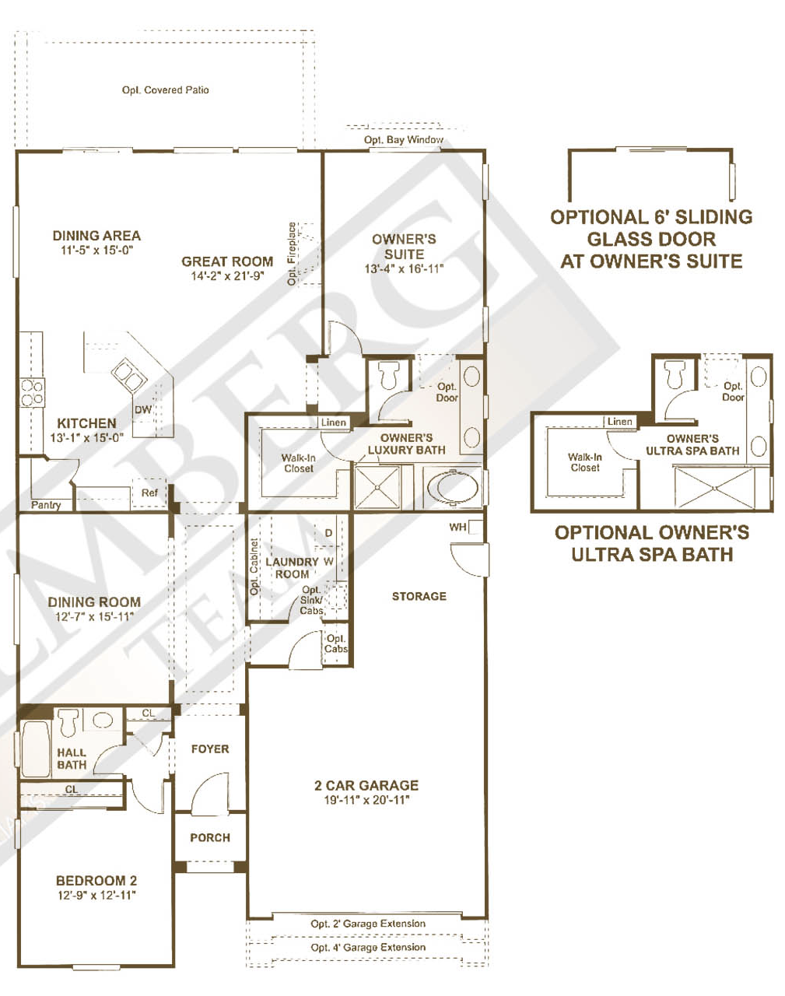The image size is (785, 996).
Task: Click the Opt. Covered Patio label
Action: click(165, 90)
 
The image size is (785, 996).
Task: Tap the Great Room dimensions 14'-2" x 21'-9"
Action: click(227, 276)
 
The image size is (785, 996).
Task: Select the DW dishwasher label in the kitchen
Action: click(143, 410)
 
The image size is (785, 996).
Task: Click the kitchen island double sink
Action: click(129, 376)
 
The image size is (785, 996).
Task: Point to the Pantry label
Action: click(46, 505)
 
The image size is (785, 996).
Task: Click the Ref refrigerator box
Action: click(149, 493)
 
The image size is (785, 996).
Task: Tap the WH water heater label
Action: click(458, 528)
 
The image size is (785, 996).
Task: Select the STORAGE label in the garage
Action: click(419, 596)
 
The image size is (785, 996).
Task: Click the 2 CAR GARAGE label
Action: click(366, 786)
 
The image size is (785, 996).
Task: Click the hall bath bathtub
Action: click(35, 749)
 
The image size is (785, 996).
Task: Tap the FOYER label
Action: click(210, 749)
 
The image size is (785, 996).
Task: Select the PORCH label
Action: click(210, 838)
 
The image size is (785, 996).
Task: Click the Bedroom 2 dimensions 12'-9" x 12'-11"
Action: click(96, 896)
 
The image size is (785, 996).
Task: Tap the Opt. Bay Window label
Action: click(403, 140)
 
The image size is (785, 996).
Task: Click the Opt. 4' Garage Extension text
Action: click(368, 948)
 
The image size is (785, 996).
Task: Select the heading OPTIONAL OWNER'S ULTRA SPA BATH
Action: click(652, 543)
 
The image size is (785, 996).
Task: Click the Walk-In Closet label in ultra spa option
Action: click(585, 463)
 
